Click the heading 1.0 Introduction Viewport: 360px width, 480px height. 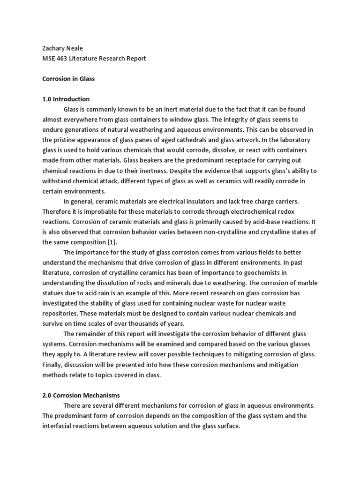pos(66,99)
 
